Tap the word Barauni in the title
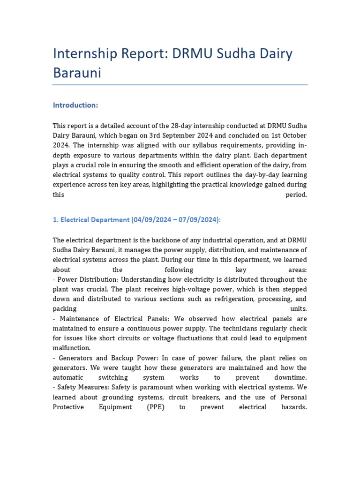(77, 73)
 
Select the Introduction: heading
(75, 105)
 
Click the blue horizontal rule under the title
(180, 85)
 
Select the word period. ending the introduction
(296, 195)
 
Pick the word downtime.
(291, 377)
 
